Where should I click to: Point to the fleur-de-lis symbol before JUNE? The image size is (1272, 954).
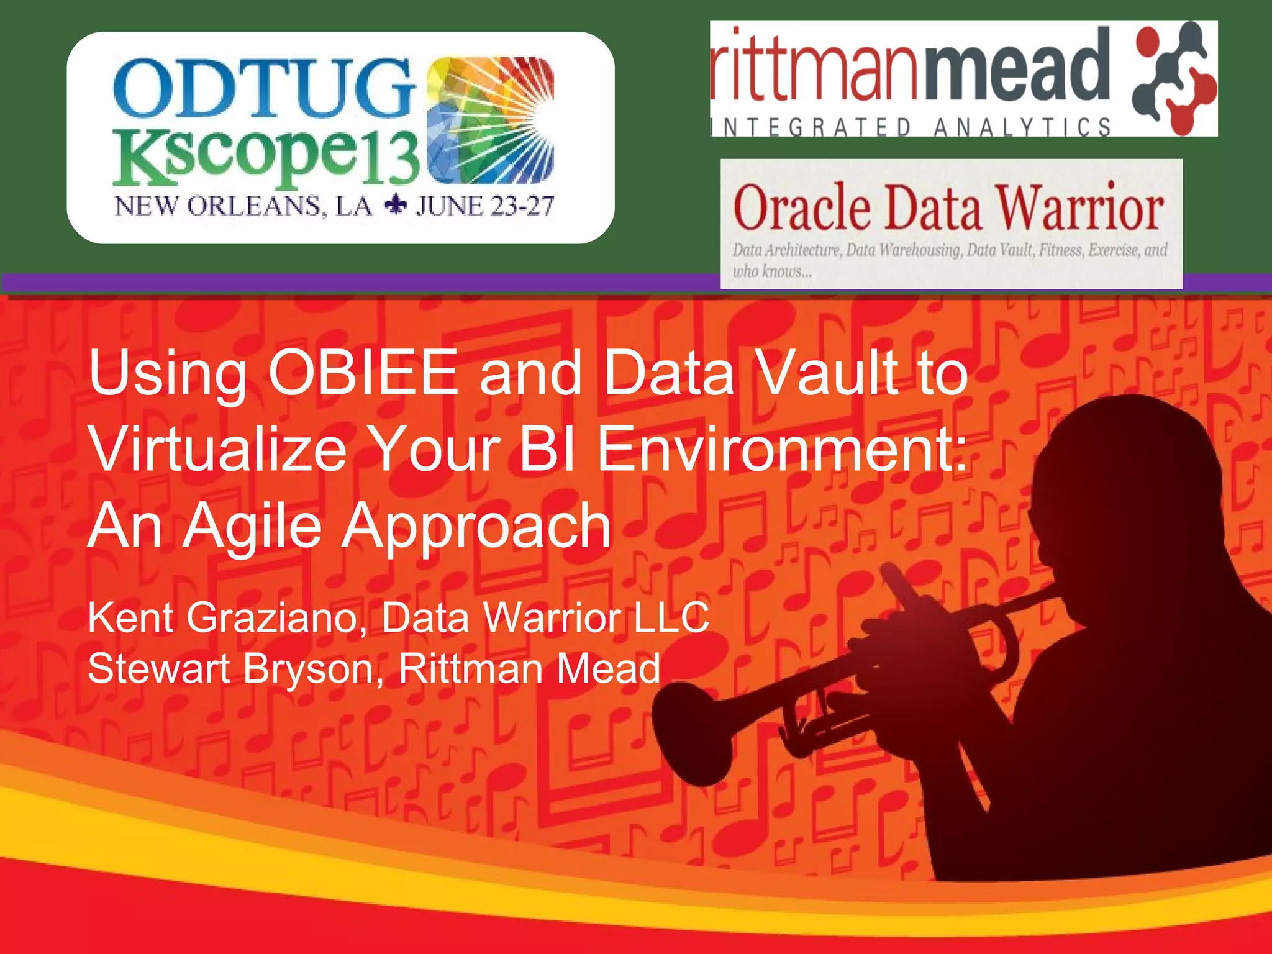coord(395,206)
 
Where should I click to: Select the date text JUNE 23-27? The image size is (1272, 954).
coord(484,206)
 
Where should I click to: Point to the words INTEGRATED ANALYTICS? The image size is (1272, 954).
coord(911,127)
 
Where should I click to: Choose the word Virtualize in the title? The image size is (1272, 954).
coord(217,449)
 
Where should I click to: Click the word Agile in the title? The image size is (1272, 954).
coord(252,527)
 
